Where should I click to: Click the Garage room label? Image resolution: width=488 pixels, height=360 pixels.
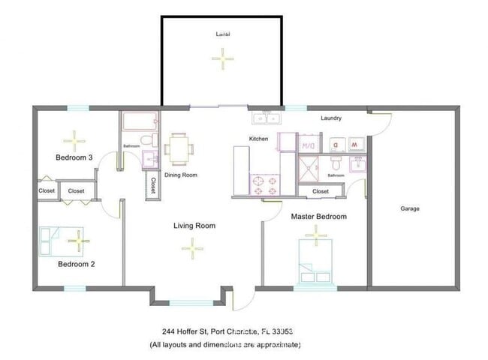pyautogui.click(x=410, y=208)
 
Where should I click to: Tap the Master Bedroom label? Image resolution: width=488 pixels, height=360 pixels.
pyautogui.click(x=319, y=217)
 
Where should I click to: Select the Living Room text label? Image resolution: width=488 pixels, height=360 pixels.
pyautogui.click(x=194, y=226)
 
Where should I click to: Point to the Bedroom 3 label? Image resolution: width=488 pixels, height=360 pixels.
pyautogui.click(x=74, y=157)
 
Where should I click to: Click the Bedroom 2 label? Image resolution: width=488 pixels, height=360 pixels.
pyautogui.click(x=76, y=264)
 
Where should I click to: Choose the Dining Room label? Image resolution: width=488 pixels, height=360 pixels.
pyautogui.click(x=180, y=175)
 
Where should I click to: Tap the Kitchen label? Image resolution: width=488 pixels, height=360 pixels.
pyautogui.click(x=259, y=139)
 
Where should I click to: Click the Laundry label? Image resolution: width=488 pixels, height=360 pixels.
pyautogui.click(x=331, y=118)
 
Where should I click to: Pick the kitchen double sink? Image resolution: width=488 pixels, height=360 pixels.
pyautogui.click(x=266, y=118)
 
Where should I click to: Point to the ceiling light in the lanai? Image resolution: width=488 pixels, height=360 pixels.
pyautogui.click(x=222, y=58)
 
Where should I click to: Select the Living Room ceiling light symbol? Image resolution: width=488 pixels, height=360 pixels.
pyautogui.click(x=193, y=247)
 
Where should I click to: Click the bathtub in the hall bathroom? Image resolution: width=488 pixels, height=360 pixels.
pyautogui.click(x=140, y=121)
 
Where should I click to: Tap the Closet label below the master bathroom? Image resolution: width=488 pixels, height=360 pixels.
pyautogui.click(x=321, y=191)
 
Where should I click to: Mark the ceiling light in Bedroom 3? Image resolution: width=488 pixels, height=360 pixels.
pyautogui.click(x=74, y=139)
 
